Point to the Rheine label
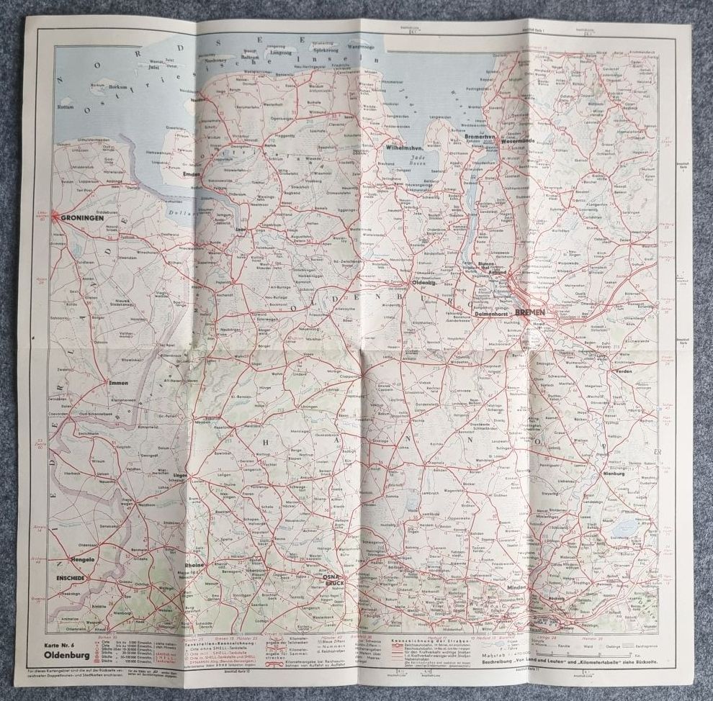(x=195, y=565)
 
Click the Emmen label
(x=118, y=383)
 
